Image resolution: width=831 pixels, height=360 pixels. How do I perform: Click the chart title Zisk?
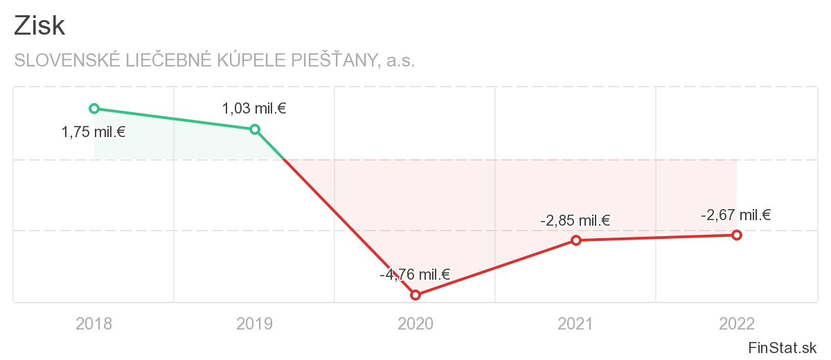[x=39, y=26]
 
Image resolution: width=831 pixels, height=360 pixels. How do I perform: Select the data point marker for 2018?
[x=94, y=108]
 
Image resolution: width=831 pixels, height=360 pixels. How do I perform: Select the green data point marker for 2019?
[x=255, y=129]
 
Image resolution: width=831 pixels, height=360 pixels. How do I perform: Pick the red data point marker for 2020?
[x=415, y=295]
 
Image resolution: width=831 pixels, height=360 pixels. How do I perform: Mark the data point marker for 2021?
[x=576, y=240]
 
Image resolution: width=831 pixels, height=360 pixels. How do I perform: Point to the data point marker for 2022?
[x=737, y=235]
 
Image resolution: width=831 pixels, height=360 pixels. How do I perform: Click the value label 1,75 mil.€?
[x=93, y=132]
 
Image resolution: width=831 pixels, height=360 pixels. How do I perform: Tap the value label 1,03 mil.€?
[x=254, y=109]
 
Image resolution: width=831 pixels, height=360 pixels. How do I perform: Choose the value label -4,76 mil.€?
[x=415, y=275]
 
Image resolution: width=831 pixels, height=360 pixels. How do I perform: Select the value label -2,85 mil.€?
[x=575, y=221]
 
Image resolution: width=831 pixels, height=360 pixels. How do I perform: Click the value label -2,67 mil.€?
[x=735, y=215]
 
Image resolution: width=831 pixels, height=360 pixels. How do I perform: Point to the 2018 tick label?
[x=94, y=323]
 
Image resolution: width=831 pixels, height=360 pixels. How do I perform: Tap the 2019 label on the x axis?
[x=255, y=323]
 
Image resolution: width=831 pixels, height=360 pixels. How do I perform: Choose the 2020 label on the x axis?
[x=415, y=323]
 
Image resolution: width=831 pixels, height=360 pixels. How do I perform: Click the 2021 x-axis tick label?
[x=576, y=323]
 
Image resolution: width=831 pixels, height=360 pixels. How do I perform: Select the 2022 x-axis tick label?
[x=737, y=323]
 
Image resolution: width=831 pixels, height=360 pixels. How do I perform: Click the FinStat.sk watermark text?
[x=782, y=348]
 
